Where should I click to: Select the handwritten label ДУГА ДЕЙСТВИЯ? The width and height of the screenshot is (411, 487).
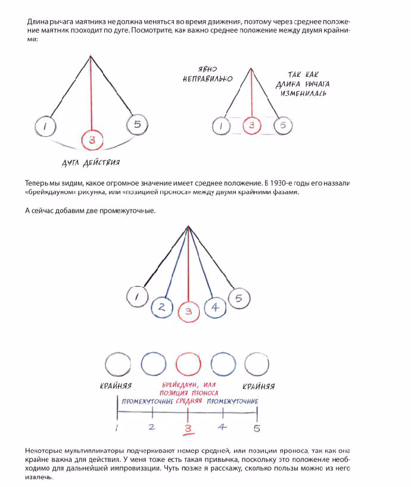tap(91, 163)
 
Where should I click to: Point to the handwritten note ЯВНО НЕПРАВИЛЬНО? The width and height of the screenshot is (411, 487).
tap(207, 74)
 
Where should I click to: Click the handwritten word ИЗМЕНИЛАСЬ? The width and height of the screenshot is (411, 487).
tap(303, 93)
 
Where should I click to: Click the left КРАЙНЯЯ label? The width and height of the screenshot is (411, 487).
tap(116, 386)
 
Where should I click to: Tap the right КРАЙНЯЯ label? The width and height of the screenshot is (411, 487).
tap(259, 386)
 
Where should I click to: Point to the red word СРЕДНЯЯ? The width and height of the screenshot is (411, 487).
tap(189, 401)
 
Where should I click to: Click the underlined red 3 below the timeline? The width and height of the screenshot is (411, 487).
tap(188, 429)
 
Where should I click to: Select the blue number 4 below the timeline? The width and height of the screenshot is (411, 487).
tap(222, 427)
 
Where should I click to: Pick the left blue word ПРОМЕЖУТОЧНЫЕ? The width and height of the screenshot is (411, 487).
tap(148, 401)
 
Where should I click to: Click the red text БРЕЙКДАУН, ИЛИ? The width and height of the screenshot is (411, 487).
tap(189, 385)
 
